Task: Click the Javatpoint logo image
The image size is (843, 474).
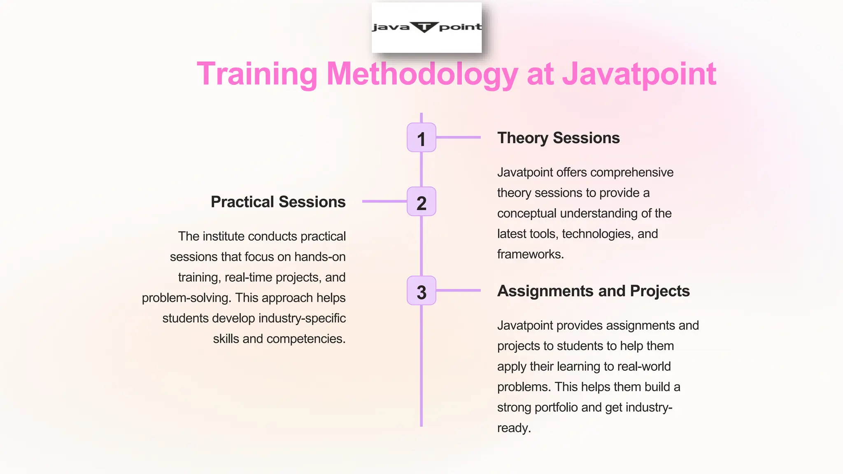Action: click(x=426, y=27)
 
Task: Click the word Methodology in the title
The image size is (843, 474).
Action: click(x=422, y=74)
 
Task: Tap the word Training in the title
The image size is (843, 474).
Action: click(x=257, y=74)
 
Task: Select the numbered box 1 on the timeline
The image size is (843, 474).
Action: click(x=421, y=137)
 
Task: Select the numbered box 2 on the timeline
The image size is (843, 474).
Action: click(x=421, y=202)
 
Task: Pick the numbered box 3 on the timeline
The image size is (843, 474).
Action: click(x=421, y=290)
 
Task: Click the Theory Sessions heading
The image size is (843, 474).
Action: click(x=558, y=138)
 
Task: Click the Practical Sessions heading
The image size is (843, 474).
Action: click(x=278, y=202)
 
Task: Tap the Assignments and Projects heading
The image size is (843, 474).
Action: click(x=593, y=291)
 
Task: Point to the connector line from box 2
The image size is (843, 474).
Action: click(x=384, y=201)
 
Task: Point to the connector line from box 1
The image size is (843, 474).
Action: click(x=458, y=137)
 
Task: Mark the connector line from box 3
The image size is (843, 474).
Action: click(x=458, y=290)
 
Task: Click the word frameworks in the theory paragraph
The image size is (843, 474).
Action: click(x=529, y=254)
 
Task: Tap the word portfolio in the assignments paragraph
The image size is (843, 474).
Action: click(x=556, y=407)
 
